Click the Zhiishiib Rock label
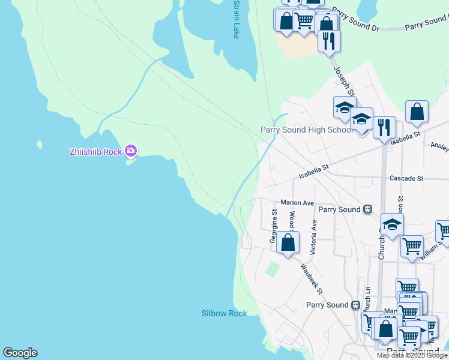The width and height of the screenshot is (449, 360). [95, 151]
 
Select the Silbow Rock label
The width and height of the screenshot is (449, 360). [224, 313]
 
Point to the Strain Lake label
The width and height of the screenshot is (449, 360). [236, 20]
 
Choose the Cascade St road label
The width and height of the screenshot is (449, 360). [406, 179]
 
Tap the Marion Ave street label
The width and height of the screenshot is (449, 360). [297, 203]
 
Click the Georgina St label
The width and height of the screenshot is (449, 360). [274, 227]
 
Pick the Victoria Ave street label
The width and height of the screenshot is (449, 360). [313, 235]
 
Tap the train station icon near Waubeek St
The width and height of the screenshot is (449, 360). [355, 305]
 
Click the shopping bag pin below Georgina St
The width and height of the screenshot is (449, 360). [288, 242]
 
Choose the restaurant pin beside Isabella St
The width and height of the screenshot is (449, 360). [384, 127]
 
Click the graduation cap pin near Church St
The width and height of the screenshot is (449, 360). [392, 224]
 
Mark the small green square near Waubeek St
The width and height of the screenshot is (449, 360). [273, 269]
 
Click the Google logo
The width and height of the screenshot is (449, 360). [20, 353]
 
